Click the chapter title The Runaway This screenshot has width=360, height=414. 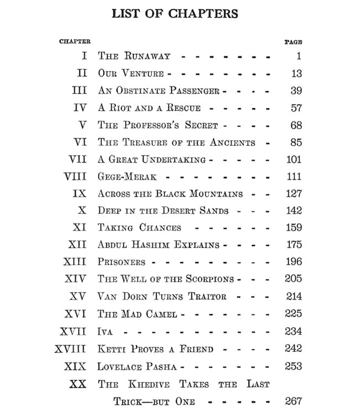pyautogui.click(x=134, y=57)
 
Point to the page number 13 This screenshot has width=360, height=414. pyautogui.click(x=296, y=74)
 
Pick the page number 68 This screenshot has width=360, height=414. pyautogui.click(x=296, y=125)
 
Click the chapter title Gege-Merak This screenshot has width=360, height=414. pyautogui.click(x=127, y=176)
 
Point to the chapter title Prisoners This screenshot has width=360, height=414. pyautogui.click(x=121, y=262)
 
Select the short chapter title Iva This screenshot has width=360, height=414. pyautogui.click(x=105, y=331)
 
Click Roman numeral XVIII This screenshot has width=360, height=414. pyautogui.click(x=71, y=349)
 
